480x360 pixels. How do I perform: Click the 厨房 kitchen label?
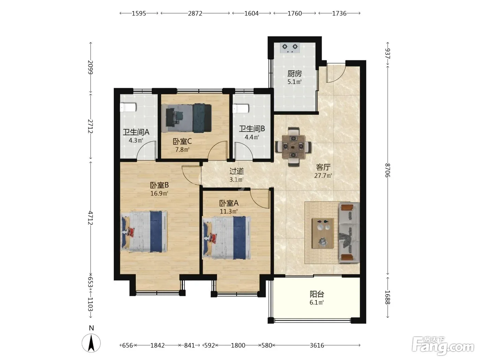click(x=294, y=74)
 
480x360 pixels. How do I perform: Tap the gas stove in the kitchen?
click(x=290, y=48)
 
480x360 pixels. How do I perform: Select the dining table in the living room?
click(x=293, y=147)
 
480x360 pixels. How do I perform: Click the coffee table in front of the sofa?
click(x=323, y=233)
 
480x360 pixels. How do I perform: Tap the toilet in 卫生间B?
click(x=241, y=108)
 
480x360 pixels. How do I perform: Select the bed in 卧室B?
click(x=144, y=232)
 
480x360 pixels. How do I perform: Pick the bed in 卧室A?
click(x=227, y=238)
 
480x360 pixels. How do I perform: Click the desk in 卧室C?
click(x=174, y=118)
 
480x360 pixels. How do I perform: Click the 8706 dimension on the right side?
click(x=387, y=170)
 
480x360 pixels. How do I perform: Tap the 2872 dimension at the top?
click(x=195, y=13)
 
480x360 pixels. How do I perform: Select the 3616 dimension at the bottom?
click(x=317, y=345)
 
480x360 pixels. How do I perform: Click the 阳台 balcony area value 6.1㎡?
click(x=317, y=302)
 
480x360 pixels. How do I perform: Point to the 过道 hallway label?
click(x=237, y=171)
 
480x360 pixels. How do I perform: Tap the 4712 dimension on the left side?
click(x=90, y=218)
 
